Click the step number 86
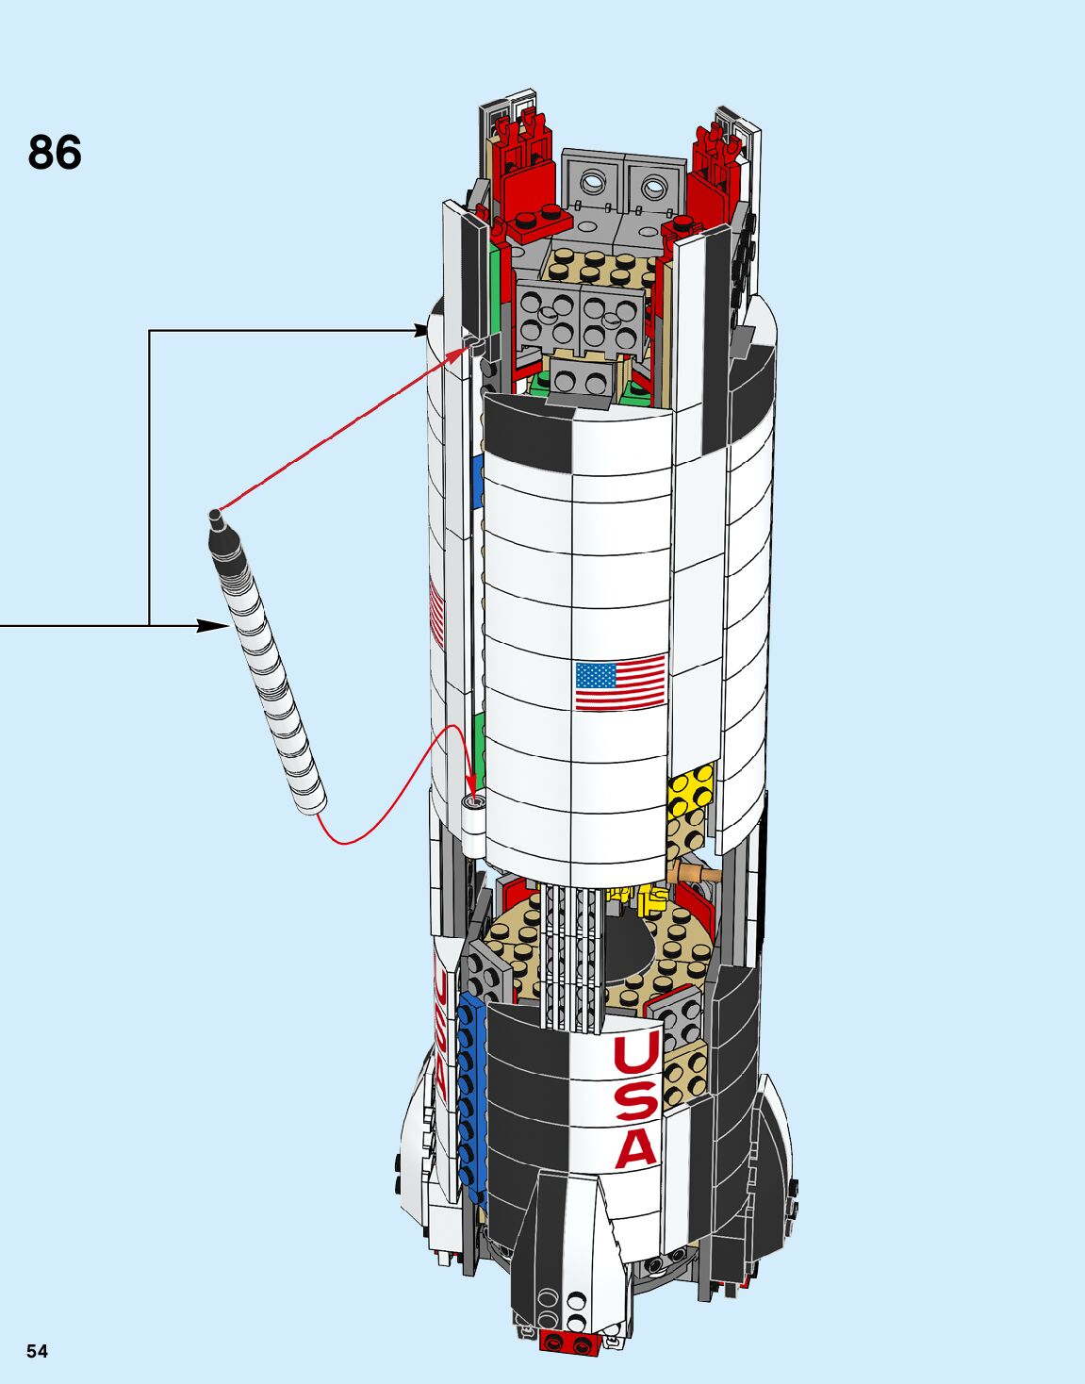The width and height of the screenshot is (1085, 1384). click(55, 153)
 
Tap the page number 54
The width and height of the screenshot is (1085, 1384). click(37, 1351)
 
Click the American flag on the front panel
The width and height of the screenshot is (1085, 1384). click(619, 682)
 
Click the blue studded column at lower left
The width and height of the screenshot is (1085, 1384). click(470, 1084)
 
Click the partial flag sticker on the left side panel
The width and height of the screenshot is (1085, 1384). click(436, 613)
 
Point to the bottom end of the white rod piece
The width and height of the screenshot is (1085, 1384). click(311, 802)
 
